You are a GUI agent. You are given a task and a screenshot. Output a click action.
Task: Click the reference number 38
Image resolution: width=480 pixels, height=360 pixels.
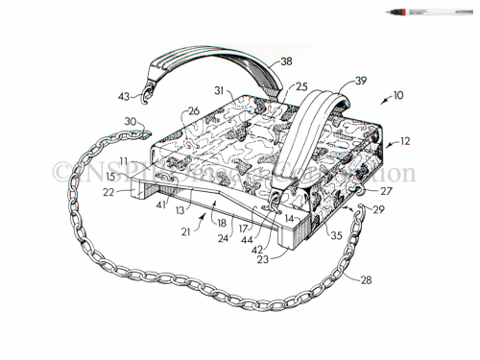[x=285, y=60]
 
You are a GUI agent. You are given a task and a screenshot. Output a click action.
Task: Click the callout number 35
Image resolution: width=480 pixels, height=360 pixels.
[x=337, y=233]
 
